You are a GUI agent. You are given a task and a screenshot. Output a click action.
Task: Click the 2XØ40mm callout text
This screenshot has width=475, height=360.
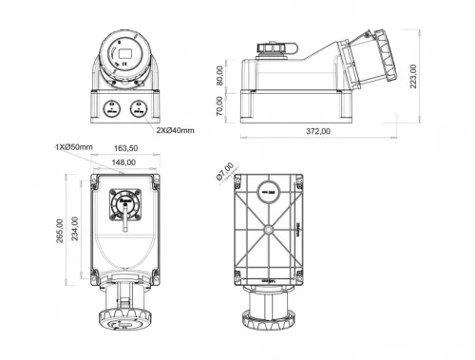tap(175, 129)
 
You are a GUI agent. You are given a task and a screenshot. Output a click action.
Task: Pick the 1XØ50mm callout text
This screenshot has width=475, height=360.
tap(73, 147)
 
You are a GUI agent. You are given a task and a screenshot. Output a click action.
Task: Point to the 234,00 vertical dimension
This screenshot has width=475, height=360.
tap(75, 231)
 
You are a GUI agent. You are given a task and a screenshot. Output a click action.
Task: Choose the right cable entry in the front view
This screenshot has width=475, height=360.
tap(140, 107)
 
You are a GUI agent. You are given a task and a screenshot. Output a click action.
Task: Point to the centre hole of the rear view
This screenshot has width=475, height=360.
tap(269, 230)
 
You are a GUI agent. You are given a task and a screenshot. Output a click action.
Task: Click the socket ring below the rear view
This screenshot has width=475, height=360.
tap(269, 318)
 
